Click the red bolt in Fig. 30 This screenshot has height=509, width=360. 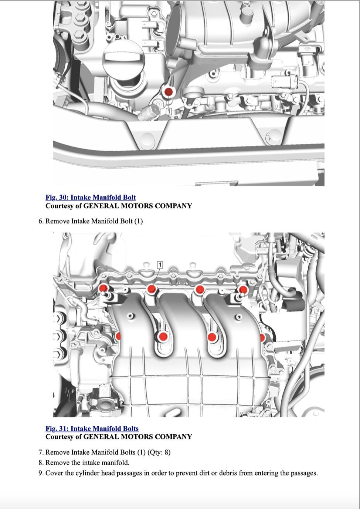click(169, 92)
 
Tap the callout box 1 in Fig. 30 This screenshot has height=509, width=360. click(169, 111)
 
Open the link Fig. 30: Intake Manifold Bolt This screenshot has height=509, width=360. click(91, 197)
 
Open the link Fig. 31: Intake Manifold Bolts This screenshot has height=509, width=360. click(92, 428)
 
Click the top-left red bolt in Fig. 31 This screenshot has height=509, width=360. click(104, 288)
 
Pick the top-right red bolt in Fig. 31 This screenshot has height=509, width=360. click(243, 289)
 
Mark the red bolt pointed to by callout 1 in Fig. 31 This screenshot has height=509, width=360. click(152, 289)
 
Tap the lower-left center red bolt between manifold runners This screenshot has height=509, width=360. click(163, 336)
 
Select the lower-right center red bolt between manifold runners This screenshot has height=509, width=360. click(212, 337)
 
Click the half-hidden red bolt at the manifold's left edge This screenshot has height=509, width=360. click(118, 336)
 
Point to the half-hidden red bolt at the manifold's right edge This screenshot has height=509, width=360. click(262, 338)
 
